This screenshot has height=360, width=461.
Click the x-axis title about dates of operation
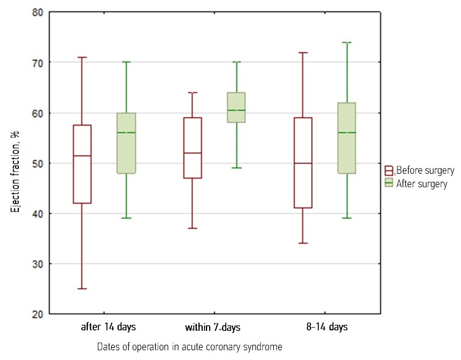(x=190, y=346)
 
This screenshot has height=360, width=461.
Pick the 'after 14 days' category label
(x=108, y=327)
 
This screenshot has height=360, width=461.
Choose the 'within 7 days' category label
(x=212, y=328)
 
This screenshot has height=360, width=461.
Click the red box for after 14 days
(x=82, y=164)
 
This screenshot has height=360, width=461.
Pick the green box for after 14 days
(x=126, y=143)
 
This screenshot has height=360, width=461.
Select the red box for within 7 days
(x=192, y=147)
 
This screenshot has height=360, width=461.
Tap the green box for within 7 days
(x=236, y=107)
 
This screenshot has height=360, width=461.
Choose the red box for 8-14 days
(x=303, y=162)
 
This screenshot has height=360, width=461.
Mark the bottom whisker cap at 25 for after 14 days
(x=82, y=289)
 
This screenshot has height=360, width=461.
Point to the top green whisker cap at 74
(x=347, y=42)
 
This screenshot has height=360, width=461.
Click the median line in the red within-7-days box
(x=192, y=153)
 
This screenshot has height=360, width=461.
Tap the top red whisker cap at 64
(x=192, y=92)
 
